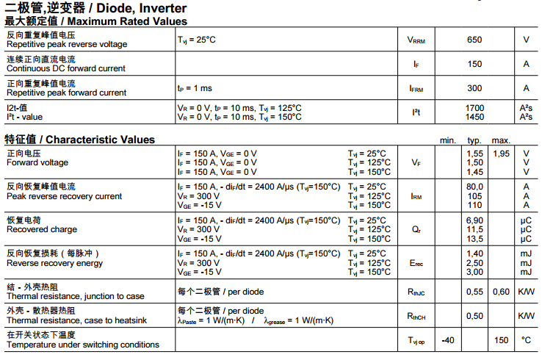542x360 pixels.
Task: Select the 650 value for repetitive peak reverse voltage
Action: tap(474, 40)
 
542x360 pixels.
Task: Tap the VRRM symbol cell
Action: tap(416, 40)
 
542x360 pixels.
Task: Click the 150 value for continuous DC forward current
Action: tap(474, 64)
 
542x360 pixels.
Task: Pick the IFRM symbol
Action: tap(416, 89)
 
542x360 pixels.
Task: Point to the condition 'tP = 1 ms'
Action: tap(195, 88)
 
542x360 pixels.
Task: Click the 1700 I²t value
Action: tap(474, 108)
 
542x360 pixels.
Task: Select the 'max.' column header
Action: tap(501, 140)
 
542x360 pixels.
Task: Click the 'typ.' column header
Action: tap(474, 140)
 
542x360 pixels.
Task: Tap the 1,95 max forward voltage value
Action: tap(501, 153)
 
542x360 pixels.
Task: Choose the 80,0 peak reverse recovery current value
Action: tap(474, 187)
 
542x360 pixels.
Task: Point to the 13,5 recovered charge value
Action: tap(474, 239)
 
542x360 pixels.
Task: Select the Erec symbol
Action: tap(416, 263)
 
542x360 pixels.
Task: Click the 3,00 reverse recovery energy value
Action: tap(474, 272)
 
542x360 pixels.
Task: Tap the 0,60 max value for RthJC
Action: tap(501, 292)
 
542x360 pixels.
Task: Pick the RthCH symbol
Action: tap(416, 316)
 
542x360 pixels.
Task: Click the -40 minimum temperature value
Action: tap(447, 340)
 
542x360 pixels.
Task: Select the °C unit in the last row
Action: tap(526, 340)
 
